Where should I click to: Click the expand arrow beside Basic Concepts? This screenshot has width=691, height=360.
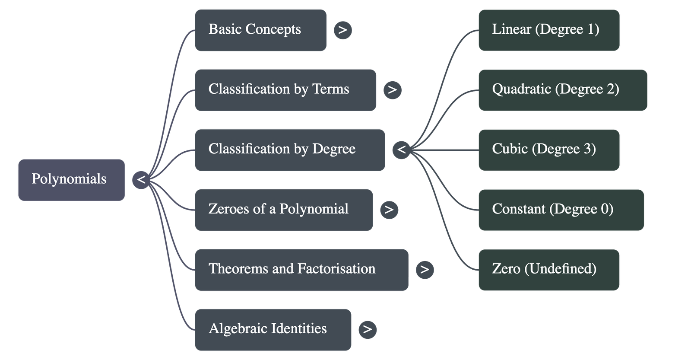342,30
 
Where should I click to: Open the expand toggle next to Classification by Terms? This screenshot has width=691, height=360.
392,90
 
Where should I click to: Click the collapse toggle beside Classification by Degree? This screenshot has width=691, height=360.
401,150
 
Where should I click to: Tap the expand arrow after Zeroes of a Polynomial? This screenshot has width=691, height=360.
389,210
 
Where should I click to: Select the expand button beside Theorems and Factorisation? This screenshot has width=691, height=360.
425,269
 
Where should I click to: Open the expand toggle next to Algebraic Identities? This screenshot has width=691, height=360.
368,329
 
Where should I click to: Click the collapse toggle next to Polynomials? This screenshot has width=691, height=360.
141,180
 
